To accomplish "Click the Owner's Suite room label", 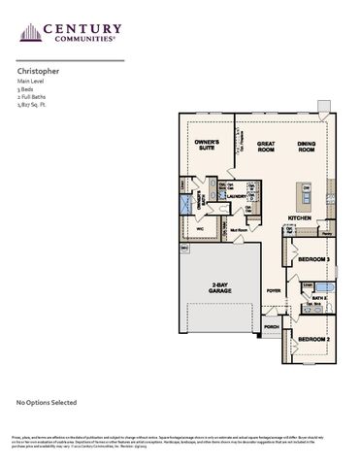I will pyautogui.click(x=207, y=145).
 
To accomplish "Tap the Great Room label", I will pyautogui.click(x=267, y=148).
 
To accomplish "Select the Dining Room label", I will pyautogui.click(x=307, y=148).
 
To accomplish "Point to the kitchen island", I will pyautogui.click(x=305, y=198).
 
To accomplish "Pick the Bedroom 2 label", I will pyautogui.click(x=312, y=338).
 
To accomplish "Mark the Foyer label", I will pyautogui.click(x=275, y=290).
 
